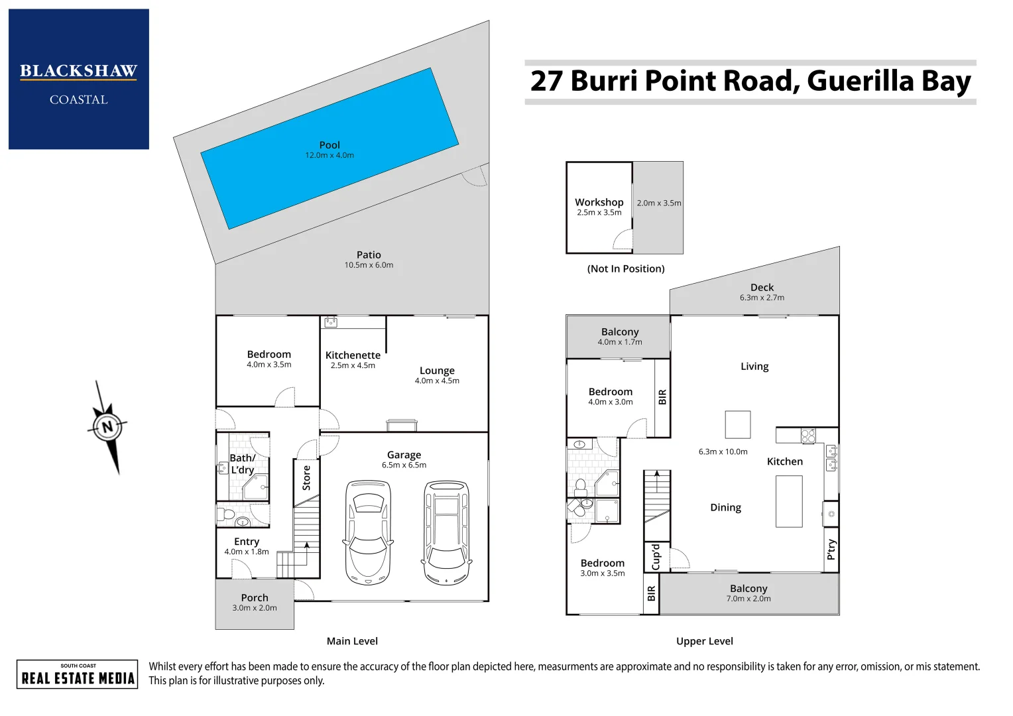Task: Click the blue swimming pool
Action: pos(329,149)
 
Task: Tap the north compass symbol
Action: pos(107,426)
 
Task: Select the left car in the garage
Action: pos(368,532)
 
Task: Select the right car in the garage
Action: pos(447,532)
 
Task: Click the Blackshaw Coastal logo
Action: pos(79,79)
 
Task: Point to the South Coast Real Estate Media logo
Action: pos(78,674)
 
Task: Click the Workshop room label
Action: pos(599,202)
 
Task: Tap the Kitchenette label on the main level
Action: pos(353,355)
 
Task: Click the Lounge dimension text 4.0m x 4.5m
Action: pos(437,381)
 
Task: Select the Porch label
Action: pos(255,597)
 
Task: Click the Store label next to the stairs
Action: pos(306,478)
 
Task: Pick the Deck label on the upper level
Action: pos(762,287)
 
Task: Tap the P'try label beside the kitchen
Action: pos(831,550)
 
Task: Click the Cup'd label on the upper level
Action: pos(656,557)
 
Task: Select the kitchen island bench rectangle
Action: pos(789,501)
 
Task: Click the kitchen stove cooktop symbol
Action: pos(807,436)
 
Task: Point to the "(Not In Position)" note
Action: pos(626,268)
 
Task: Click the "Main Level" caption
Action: pos(352,641)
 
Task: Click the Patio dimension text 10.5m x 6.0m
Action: pos(369,265)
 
